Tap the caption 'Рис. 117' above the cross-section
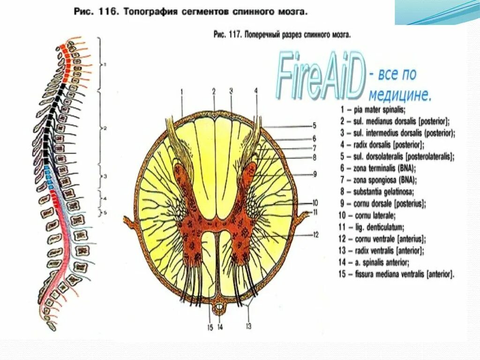click(x=282, y=34)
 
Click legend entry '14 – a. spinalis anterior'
click(x=381, y=262)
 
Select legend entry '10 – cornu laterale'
click(x=368, y=216)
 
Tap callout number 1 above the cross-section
click(x=181, y=91)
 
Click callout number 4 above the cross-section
click(x=256, y=91)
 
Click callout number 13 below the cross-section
click(x=248, y=326)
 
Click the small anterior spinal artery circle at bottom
click(x=219, y=308)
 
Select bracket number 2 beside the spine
click(x=105, y=128)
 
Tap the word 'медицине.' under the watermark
click(x=399, y=95)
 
